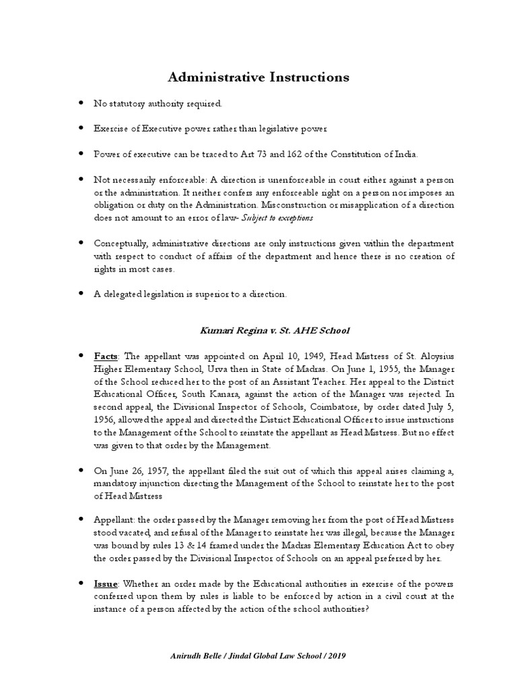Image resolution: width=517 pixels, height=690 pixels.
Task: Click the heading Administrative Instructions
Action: tap(258, 77)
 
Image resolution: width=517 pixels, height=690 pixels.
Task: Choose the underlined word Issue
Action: tap(108, 584)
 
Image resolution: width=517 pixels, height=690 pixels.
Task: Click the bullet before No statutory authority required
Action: tap(81, 104)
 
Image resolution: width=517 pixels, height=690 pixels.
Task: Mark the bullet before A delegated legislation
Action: tap(81, 293)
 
